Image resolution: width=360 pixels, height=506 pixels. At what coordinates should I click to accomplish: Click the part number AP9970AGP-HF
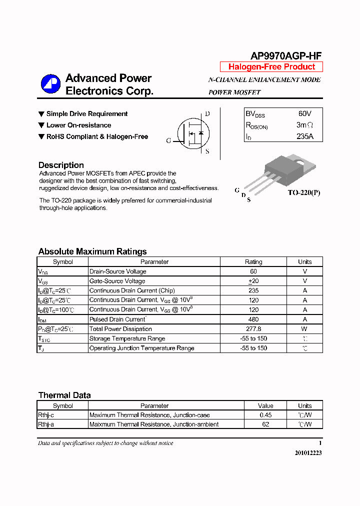click(286, 56)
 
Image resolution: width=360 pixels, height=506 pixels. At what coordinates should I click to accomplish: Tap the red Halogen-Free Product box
click(271, 67)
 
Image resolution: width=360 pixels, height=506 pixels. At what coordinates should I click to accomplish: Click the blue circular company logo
click(50, 84)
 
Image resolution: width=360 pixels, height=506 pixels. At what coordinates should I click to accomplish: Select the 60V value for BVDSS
click(304, 114)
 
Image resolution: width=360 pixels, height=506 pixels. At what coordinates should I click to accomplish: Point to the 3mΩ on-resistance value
click(304, 125)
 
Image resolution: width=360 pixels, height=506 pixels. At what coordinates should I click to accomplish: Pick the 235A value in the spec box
click(304, 136)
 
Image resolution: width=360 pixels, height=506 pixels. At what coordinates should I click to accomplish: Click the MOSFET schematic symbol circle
click(192, 133)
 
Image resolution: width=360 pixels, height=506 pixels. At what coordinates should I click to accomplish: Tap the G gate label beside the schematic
click(169, 141)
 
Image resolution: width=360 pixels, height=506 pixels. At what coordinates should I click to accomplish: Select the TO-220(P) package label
click(303, 192)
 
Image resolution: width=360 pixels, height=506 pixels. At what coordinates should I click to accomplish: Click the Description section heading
click(61, 165)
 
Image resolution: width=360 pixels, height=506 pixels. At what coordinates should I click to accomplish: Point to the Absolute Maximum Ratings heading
click(92, 251)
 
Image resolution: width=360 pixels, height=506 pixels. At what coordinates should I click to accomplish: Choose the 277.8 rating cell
click(253, 329)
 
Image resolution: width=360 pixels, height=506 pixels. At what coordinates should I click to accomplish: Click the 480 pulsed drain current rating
click(253, 319)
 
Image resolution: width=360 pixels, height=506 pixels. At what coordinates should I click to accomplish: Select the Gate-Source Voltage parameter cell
click(117, 281)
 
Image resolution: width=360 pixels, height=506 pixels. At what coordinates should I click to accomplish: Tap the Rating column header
click(253, 262)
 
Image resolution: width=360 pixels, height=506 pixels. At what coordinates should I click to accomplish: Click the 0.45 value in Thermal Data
click(265, 415)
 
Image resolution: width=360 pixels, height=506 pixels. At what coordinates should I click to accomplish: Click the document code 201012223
click(308, 452)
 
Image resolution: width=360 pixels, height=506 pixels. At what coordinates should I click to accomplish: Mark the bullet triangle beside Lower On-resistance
click(41, 125)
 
